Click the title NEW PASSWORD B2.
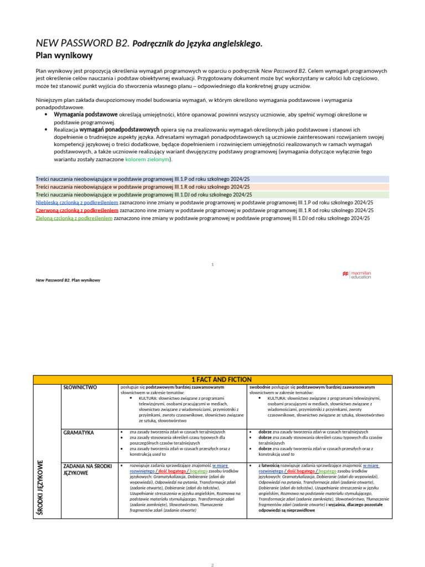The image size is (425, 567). (x=82, y=43)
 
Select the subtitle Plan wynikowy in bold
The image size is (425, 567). (x=64, y=55)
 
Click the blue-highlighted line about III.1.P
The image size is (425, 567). (x=144, y=179)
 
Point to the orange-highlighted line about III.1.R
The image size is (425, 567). (x=144, y=187)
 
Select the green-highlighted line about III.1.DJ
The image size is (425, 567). (x=144, y=195)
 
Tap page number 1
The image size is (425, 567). (x=212, y=264)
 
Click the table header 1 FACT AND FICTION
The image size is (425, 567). (x=221, y=379)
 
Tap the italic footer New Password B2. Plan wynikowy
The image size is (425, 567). (x=68, y=280)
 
